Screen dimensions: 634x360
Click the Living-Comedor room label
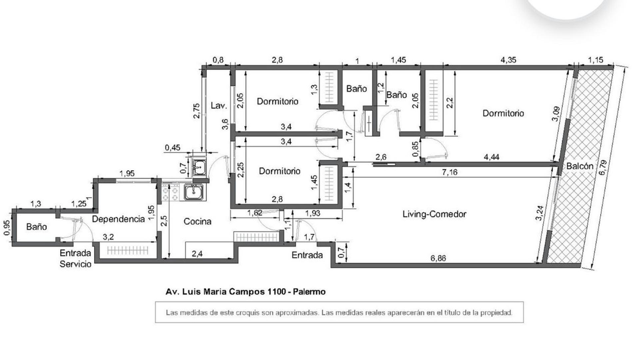434,214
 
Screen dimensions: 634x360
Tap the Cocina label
197,221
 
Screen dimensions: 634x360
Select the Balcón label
580,166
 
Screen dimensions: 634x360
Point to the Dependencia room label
118,219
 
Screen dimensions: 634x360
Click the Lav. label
219,106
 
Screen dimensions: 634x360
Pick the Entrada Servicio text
75,259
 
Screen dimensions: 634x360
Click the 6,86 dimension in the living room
438,258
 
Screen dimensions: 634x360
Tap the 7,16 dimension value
449,172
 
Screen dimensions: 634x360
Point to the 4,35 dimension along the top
508,60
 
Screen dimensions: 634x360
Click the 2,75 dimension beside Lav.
197,111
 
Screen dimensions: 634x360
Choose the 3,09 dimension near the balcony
556,114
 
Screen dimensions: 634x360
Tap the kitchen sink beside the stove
194,193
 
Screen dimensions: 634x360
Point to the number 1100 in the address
276,292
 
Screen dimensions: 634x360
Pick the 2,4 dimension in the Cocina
197,254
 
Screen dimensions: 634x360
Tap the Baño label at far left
37,227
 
